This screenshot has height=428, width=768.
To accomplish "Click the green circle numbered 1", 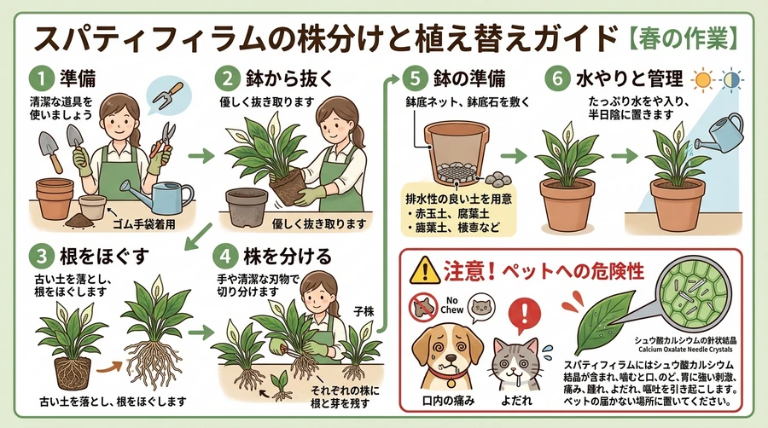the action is [41, 78].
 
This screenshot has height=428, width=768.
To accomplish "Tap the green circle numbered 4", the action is [226, 257].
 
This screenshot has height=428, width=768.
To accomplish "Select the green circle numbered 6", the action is [557, 78].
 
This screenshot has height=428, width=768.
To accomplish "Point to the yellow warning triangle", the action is [425, 270].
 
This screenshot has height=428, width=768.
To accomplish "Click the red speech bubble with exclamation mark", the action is [525, 315].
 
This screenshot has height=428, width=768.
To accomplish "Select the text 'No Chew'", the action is [451, 305].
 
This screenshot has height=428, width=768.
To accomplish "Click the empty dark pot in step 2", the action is [247, 206].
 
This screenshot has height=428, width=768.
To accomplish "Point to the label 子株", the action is [364, 311].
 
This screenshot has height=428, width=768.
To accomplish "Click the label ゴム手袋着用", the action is [143, 224].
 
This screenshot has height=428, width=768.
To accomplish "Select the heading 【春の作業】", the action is [684, 39].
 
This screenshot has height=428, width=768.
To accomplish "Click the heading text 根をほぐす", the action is [104, 257].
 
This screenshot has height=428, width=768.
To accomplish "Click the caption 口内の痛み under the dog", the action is [448, 401].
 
